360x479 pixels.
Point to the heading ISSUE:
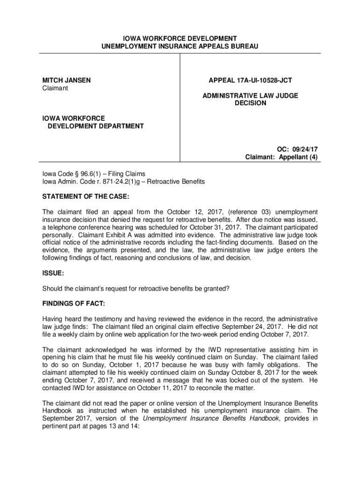pos(53,272)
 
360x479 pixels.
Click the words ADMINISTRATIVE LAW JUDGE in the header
pos(250,95)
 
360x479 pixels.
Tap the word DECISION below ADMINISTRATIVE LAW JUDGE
pos(250,103)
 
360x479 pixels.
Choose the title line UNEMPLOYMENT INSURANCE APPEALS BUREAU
pos(180,46)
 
